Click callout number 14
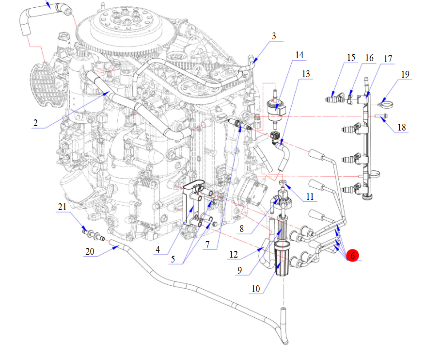tap(300, 55)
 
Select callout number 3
tap(274, 36)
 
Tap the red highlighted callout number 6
tap(353, 255)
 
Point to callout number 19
tap(405, 74)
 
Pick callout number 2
tap(35, 123)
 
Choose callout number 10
tap(256, 289)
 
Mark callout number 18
tap(402, 127)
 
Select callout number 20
tap(89, 252)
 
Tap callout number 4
tap(158, 250)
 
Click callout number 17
tap(388, 59)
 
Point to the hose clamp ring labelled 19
tap(386, 103)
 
